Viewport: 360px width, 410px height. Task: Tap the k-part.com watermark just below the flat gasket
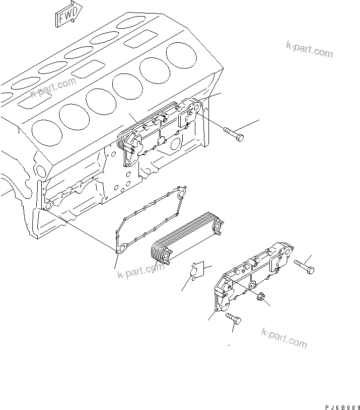[140, 270]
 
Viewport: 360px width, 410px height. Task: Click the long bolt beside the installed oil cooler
[234, 133]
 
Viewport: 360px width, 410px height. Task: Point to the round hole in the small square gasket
[194, 272]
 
